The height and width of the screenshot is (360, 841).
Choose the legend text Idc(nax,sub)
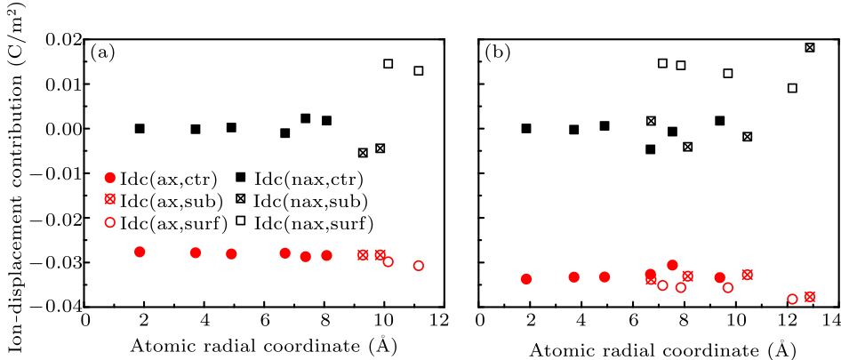click(x=310, y=200)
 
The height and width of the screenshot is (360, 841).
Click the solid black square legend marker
click(x=242, y=178)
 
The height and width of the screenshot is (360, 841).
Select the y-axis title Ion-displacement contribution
click(x=14, y=169)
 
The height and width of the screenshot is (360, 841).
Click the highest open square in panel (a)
click(x=388, y=64)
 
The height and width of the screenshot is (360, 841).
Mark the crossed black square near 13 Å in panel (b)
click(x=810, y=47)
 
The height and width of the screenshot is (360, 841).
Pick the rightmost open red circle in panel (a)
click(x=419, y=266)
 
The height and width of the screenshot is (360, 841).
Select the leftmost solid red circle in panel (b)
click(x=526, y=279)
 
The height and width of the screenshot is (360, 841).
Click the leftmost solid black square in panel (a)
click(x=140, y=129)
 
